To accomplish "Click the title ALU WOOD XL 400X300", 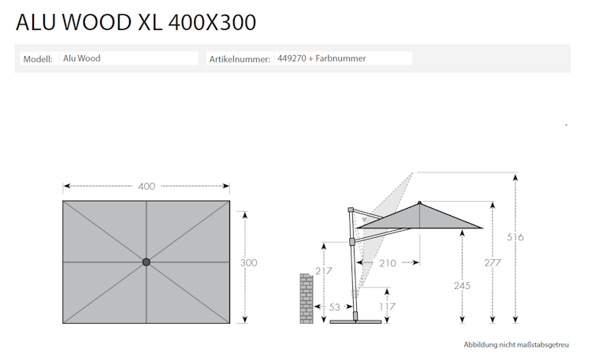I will (x=136, y=23).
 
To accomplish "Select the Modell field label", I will (x=39, y=58).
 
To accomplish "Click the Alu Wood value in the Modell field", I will (x=82, y=58).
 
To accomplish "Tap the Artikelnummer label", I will (x=240, y=59).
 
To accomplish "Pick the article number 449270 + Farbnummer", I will (x=322, y=58).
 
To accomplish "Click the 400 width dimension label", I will (x=147, y=187).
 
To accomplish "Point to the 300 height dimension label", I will (x=248, y=262).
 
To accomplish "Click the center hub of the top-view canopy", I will (x=146, y=262).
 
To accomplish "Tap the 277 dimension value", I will (x=493, y=262).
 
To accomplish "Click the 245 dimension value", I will (x=462, y=286).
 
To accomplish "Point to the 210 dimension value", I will (x=387, y=263).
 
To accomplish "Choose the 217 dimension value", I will (x=324, y=271).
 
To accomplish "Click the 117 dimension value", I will (x=386, y=306).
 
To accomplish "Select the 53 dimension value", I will (x=334, y=306).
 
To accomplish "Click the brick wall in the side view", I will (x=307, y=298).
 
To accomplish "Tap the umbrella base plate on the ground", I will (x=355, y=321).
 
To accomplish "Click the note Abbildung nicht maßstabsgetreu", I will (x=515, y=345).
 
